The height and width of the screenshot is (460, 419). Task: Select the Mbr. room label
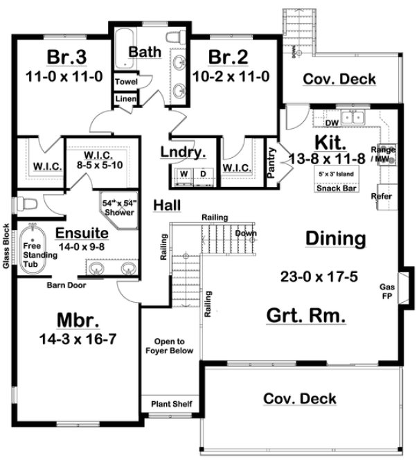click(75, 321)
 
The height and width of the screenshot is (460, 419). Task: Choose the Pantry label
click(271, 165)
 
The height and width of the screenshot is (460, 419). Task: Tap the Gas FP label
click(388, 291)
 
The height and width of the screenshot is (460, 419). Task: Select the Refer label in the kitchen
click(382, 196)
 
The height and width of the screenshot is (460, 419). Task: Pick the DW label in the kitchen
click(331, 123)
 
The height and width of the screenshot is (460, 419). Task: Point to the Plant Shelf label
click(171, 404)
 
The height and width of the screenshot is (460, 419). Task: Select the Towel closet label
click(127, 82)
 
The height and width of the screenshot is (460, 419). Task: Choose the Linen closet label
click(127, 99)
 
